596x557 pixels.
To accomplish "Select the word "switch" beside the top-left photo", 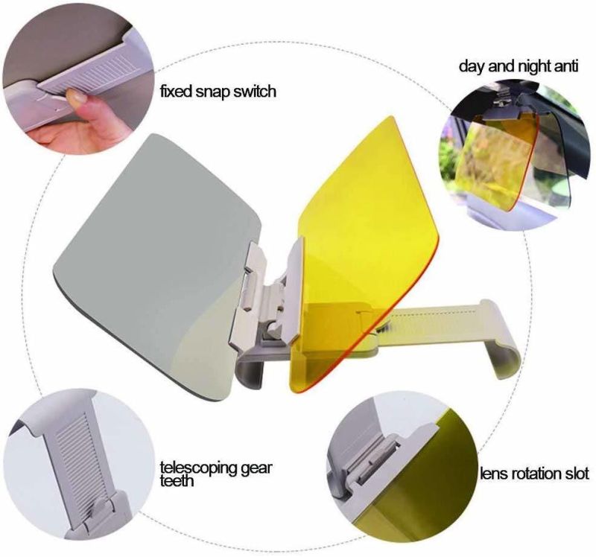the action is point(254,91).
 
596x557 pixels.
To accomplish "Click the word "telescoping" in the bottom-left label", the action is point(198,468).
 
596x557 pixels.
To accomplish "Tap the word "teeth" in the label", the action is point(177,480).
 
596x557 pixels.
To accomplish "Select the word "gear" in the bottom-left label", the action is point(256,468).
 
